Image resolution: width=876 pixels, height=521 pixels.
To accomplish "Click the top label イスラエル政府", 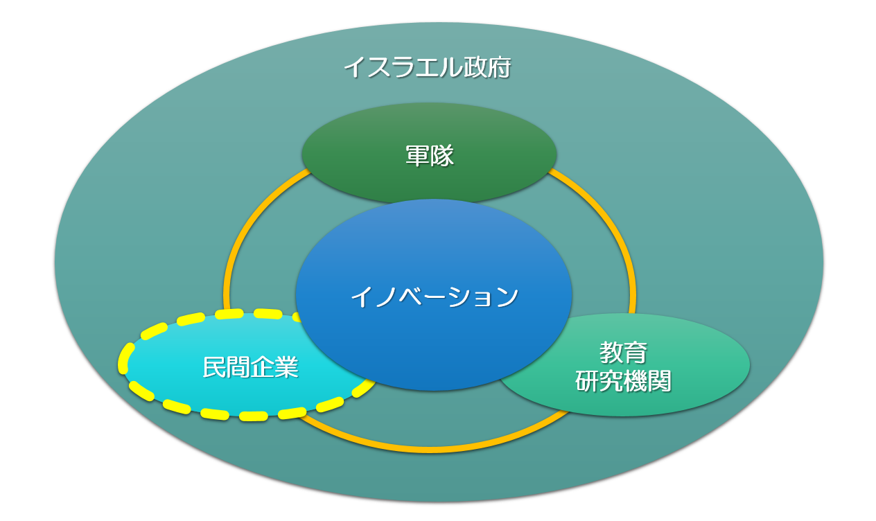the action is click(428, 68).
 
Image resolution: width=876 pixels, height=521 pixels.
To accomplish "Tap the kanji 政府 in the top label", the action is click(487, 68).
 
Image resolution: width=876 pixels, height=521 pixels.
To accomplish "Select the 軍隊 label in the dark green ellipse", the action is click(430, 156).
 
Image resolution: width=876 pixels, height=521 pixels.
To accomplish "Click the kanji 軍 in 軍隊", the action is click(417, 156).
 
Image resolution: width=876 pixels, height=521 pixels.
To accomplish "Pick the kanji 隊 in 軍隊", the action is click(442, 156).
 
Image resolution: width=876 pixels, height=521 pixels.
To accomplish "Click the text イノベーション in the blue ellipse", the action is click(435, 297).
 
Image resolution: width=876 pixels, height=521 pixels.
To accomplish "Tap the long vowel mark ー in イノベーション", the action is click(435, 297).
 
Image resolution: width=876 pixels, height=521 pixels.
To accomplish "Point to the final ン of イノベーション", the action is click(507, 297).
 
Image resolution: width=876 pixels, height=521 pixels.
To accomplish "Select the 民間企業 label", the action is click(251, 367).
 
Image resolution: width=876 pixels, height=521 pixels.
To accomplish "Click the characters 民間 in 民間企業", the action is click(227, 367).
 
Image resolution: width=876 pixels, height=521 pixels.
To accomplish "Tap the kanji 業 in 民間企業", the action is click(287, 367).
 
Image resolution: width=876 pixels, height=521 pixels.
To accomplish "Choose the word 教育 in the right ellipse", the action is click(623, 352).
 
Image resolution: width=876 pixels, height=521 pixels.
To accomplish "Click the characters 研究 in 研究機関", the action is click(599, 380).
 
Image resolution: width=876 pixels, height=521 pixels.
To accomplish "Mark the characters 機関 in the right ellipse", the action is click(647, 380).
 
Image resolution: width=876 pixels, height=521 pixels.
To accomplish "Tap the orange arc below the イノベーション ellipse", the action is click(430, 450).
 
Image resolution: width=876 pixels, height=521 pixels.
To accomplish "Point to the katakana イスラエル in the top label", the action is click(403, 68).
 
